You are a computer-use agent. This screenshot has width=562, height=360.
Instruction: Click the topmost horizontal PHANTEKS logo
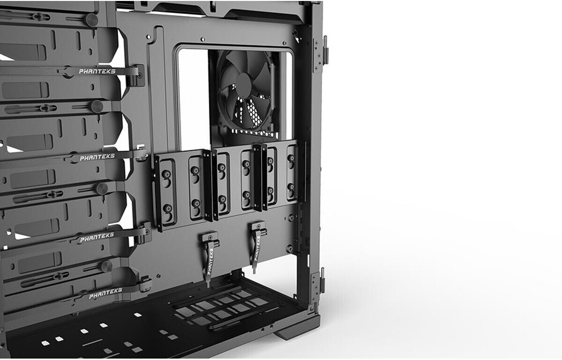[97, 71]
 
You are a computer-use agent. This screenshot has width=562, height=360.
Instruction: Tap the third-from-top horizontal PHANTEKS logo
[97, 238]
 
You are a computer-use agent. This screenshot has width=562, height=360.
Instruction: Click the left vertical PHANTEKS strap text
[210, 262]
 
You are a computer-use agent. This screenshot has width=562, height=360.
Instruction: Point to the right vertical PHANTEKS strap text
[257, 248]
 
